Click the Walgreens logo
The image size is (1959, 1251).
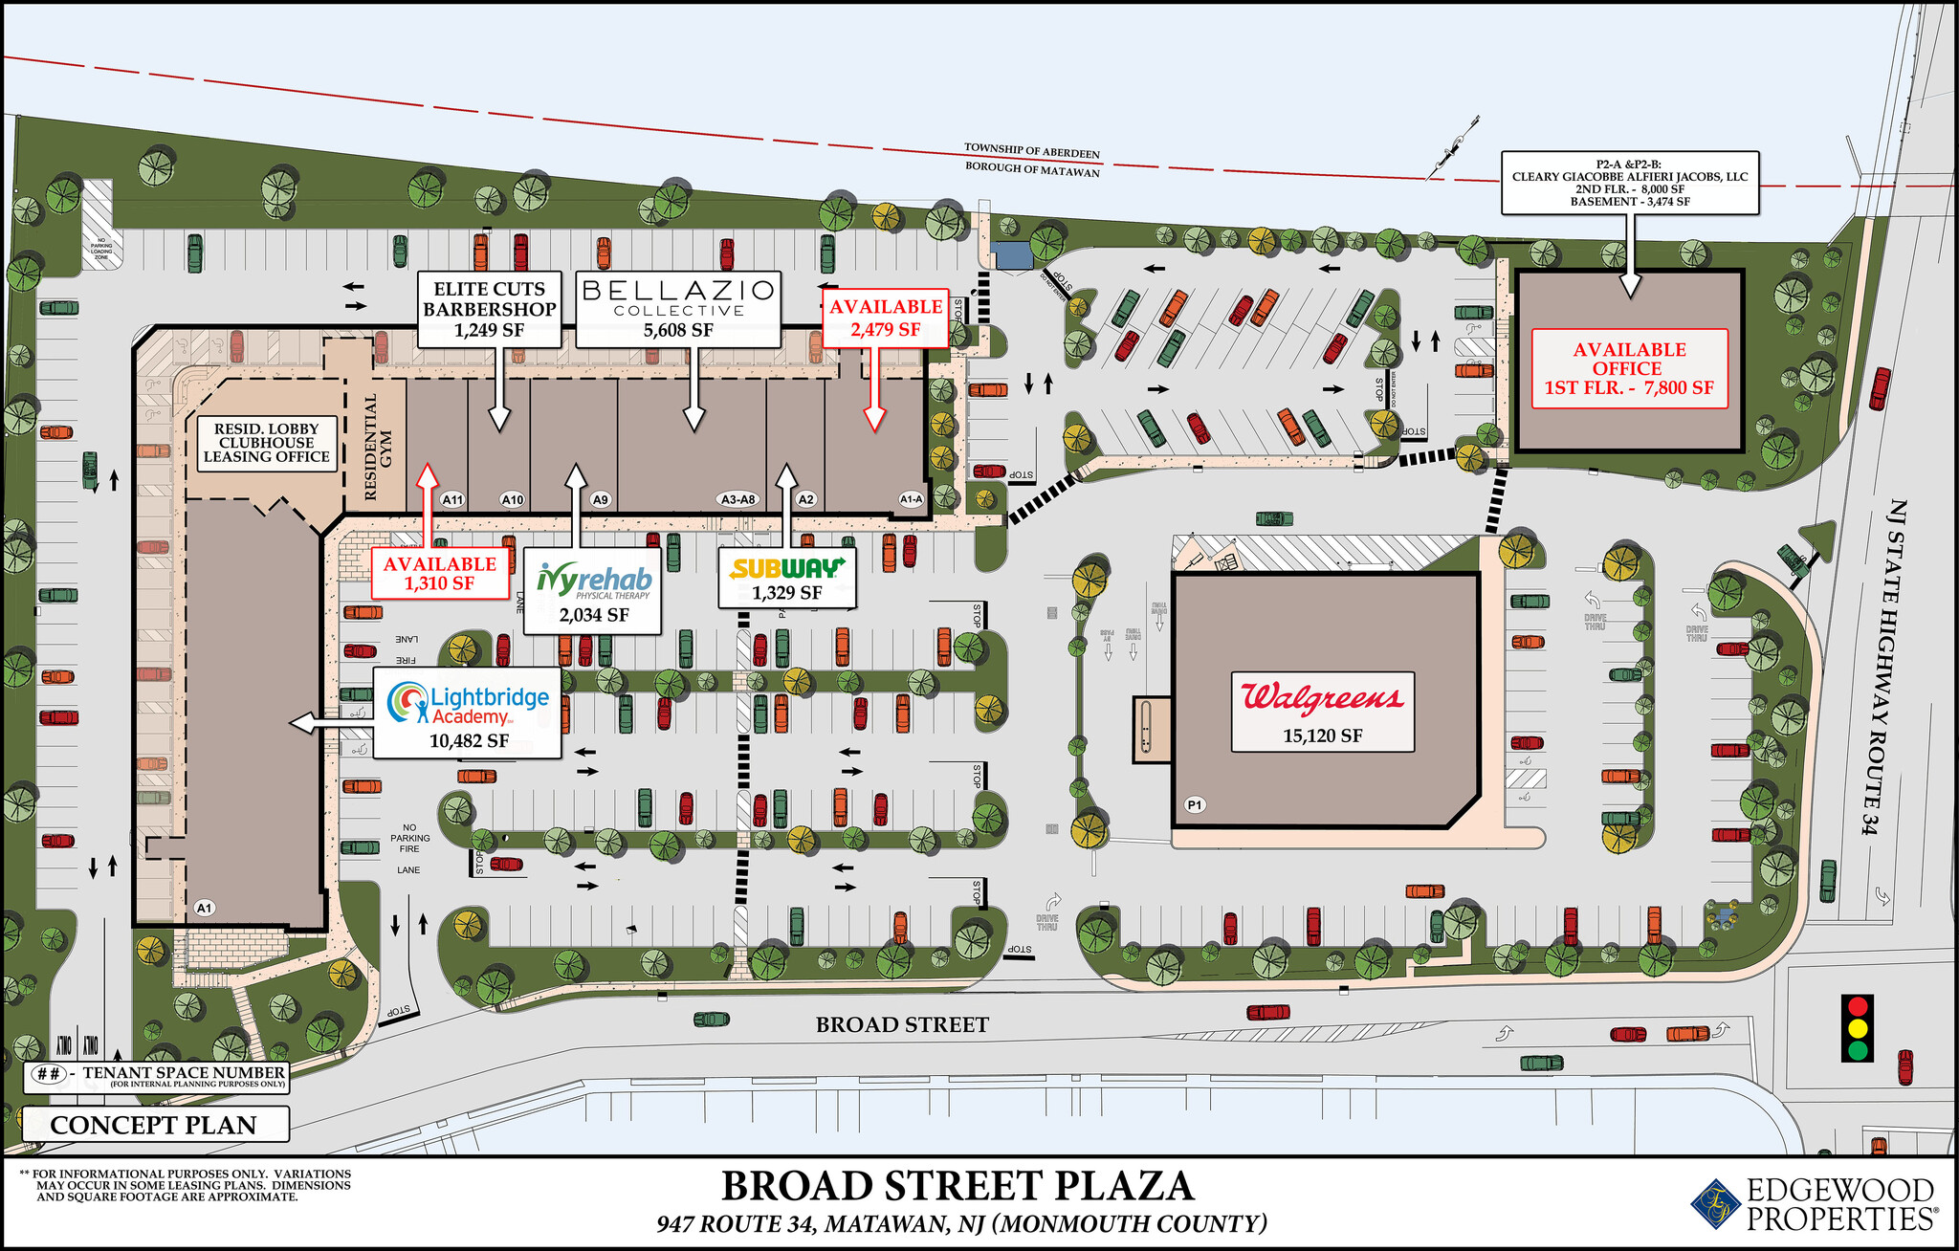(1322, 697)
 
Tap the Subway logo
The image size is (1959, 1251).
(786, 568)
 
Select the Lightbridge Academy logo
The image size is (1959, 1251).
(468, 705)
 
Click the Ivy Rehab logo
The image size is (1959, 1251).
(594, 580)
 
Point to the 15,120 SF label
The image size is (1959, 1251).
(1322, 735)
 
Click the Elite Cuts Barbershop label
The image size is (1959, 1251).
(490, 309)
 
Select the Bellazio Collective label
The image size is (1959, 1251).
(678, 308)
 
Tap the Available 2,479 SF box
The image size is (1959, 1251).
(885, 318)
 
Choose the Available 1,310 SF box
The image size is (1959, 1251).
(439, 573)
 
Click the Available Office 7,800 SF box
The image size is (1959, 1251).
(1629, 368)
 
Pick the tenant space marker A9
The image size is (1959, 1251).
(600, 499)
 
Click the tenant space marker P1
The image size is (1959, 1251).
(1195, 804)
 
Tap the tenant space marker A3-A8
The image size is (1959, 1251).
(737, 499)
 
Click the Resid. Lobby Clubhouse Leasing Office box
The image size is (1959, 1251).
(266, 443)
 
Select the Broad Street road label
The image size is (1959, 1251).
(902, 1024)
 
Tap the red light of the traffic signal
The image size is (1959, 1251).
(1858, 1006)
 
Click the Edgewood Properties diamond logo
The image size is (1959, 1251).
(1714, 1203)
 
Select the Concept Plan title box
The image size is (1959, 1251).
(154, 1125)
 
